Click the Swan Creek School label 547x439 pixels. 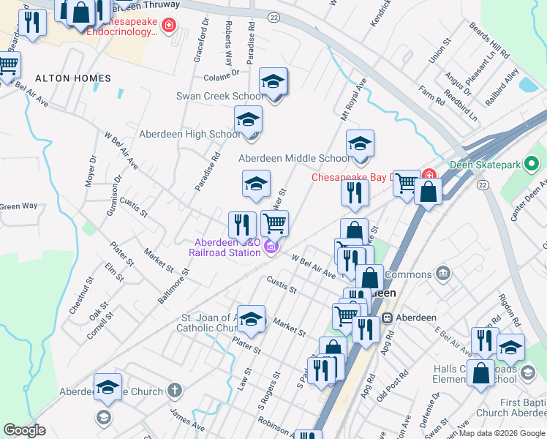220,96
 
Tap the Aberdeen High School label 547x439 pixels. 189,135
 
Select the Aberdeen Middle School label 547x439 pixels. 294,158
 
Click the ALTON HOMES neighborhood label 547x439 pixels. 72,78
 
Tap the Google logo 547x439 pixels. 24,430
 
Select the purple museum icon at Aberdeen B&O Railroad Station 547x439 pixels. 271,248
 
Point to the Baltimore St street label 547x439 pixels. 173,285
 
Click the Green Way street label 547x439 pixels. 18,206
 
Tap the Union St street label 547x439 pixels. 437,51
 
